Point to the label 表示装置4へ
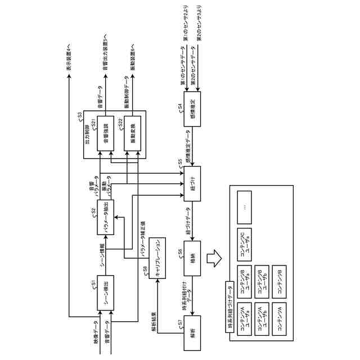pyautogui.click(x=69, y=60)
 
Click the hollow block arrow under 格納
pyautogui.click(x=213, y=259)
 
